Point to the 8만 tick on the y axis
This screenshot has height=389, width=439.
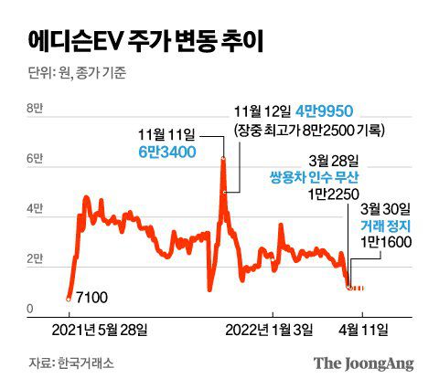tap(34, 109)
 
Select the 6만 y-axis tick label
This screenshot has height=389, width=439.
tap(34, 159)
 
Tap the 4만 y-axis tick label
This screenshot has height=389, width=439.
tap(34, 209)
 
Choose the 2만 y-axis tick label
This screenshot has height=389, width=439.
tap(34, 259)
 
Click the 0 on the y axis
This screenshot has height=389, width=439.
tap(30, 310)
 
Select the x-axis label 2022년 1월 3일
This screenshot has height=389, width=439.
tap(269, 329)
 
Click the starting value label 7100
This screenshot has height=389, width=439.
tap(95, 298)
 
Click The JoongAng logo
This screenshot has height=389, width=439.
tap(364, 363)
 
